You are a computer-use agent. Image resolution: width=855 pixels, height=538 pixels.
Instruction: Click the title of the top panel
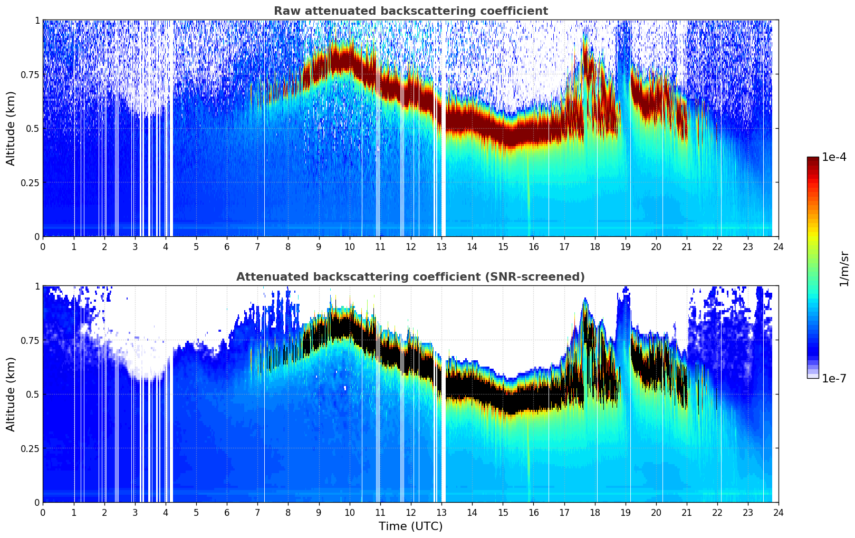pos(410,11)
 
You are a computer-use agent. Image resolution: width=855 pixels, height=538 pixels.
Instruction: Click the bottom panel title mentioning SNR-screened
pos(410,277)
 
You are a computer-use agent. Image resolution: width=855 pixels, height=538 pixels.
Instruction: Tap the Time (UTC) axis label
pos(410,526)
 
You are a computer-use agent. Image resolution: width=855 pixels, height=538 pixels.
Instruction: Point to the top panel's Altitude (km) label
pos(11,128)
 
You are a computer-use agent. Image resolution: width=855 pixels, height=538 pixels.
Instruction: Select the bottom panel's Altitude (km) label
pos(11,394)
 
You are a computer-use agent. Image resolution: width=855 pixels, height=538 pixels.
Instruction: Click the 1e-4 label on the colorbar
pos(834,158)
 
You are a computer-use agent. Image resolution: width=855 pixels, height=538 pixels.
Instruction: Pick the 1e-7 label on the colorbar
pos(834,378)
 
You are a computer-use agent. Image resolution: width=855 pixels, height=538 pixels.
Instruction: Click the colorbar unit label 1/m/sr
pos(844,268)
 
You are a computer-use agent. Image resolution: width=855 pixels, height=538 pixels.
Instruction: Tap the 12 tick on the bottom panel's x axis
pos(411,513)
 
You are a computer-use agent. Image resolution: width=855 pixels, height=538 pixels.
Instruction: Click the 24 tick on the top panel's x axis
pos(779,247)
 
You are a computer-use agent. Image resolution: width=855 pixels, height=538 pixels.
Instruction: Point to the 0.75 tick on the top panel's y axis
pos(30,74)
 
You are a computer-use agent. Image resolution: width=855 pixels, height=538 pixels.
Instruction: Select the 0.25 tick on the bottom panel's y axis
pos(30,448)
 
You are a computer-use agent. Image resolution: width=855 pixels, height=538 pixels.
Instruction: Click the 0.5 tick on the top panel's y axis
pos(33,128)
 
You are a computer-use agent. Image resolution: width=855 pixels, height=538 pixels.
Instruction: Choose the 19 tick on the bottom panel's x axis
pos(626,513)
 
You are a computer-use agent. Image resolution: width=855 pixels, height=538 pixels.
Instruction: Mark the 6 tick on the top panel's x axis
pos(227,247)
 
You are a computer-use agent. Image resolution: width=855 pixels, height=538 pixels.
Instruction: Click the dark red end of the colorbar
pos(813,161)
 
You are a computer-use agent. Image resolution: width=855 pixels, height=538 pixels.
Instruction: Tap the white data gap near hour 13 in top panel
pos(443,158)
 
